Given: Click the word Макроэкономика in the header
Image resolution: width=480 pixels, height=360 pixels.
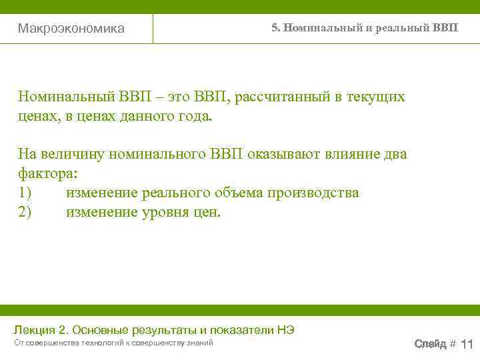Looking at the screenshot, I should pyautogui.click(x=71, y=29).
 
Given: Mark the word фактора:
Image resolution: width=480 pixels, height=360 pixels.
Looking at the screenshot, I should pyautogui.click(x=48, y=174).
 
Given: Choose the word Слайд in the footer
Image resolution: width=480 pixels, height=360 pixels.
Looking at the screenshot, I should pyautogui.click(x=431, y=344).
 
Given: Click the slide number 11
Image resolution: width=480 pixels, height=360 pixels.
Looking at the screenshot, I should pyautogui.click(x=467, y=344).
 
